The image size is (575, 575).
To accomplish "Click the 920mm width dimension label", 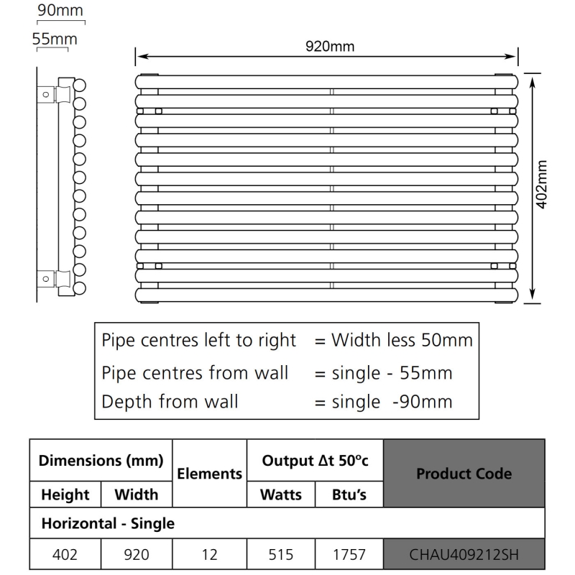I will tap(329, 47).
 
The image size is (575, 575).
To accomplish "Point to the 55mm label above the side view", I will tap(55, 39).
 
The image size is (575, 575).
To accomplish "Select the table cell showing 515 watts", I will tap(281, 554).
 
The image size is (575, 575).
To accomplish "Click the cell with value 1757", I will tap(349, 554).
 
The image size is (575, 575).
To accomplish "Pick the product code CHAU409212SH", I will tap(464, 554).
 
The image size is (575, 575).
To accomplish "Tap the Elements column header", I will tap(209, 474).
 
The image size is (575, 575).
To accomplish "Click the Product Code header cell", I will tap(464, 474).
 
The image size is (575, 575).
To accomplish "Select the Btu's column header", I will tap(349, 494).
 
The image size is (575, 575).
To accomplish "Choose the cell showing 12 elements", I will tap(209, 554).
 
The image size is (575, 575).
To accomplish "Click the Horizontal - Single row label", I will tap(108, 523).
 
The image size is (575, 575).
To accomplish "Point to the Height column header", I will tap(65, 494).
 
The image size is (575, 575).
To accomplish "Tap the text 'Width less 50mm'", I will tap(402, 340).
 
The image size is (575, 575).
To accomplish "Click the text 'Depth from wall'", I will tap(170, 401).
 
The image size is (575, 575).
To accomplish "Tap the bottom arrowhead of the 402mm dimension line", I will tap(532, 294).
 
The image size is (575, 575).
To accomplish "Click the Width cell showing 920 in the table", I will tap(136, 554).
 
